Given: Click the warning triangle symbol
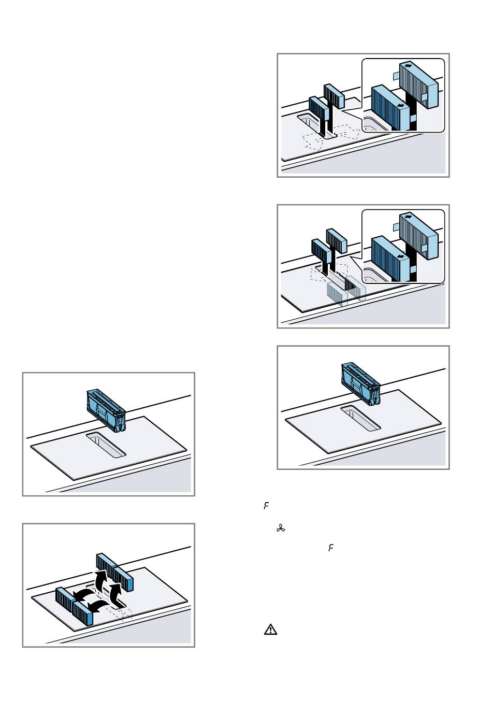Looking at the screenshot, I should (270, 630).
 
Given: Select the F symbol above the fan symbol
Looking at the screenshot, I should (266, 506).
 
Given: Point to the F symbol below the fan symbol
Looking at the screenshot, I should (330, 547).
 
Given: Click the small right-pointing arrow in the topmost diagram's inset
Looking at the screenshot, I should (408, 66).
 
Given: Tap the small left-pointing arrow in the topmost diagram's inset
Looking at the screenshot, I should (399, 105).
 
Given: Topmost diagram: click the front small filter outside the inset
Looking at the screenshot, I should (319, 109).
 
